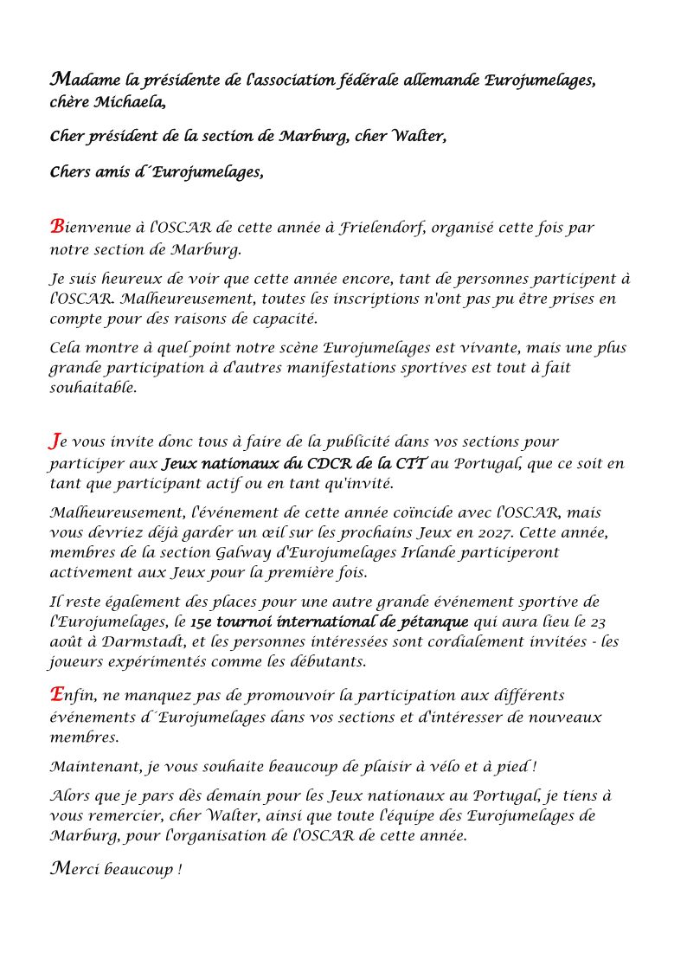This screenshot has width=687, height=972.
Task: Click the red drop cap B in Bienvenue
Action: point(57,227)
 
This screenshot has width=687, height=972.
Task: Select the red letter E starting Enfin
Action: point(57,694)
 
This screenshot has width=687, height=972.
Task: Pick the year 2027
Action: point(482,531)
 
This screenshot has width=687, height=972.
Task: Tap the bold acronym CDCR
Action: point(319,463)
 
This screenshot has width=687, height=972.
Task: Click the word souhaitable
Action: point(93,389)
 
